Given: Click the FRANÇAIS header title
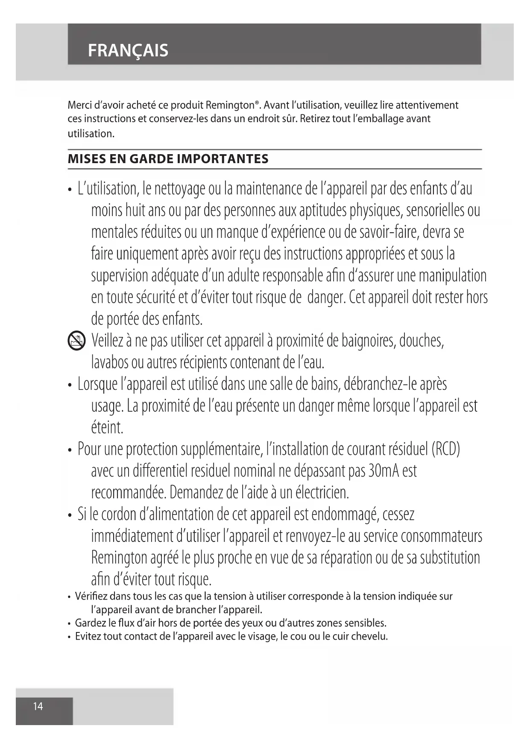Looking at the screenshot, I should click(x=128, y=51).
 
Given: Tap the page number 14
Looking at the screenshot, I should click(x=38, y=706).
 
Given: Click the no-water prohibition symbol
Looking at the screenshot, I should click(x=77, y=342).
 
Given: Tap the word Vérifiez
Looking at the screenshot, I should click(x=91, y=596).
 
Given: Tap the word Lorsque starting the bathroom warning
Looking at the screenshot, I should click(x=97, y=384).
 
